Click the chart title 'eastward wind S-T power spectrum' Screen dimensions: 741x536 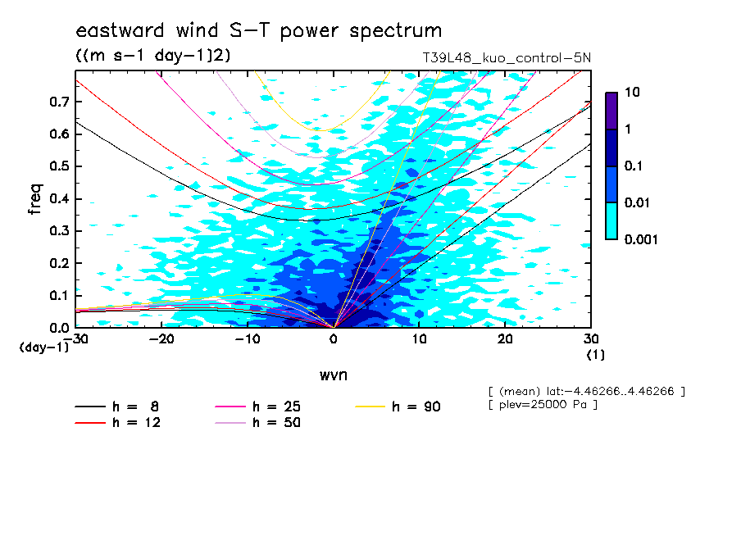tap(258, 31)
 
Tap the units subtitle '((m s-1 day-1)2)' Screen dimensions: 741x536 tap(153, 56)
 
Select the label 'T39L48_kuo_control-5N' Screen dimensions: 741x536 tap(506, 58)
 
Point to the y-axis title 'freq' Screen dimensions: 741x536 tap(35, 199)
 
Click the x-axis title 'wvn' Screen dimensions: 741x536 tap(333, 375)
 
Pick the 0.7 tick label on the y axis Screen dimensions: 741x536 tap(60, 102)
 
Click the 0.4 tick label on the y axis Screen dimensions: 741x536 tap(60, 198)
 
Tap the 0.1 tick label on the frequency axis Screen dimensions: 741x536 tap(60, 295)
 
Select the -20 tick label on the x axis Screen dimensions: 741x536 tap(161, 339)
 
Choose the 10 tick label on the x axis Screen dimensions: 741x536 tap(419, 339)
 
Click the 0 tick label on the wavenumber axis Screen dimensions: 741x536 tap(333, 339)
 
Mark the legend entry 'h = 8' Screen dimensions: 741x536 tap(117, 407)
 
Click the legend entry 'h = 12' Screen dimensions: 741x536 tap(117, 422)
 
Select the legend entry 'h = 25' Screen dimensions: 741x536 tap(257, 407)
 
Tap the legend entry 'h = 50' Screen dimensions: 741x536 tap(257, 422)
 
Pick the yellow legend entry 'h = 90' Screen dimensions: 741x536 tap(398, 407)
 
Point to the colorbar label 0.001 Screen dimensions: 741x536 tap(641, 239)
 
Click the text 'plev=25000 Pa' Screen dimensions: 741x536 tap(543, 405)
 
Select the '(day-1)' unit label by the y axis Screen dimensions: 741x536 tap(44, 347)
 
